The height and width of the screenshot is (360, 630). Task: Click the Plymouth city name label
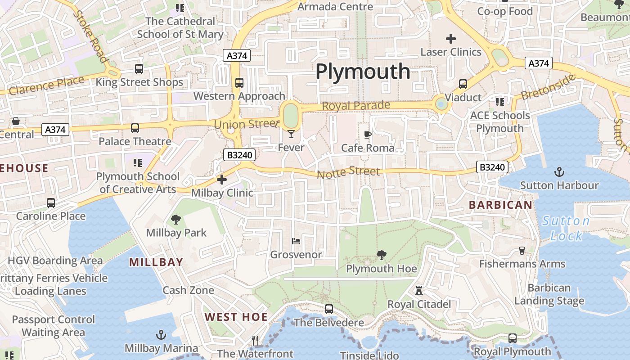pos(363,72)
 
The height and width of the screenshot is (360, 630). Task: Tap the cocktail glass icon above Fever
pos(291,134)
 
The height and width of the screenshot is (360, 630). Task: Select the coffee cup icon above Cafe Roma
pos(368,135)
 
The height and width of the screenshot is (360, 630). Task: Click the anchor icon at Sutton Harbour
pos(559,172)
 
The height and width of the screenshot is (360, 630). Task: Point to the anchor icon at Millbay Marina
pos(161,335)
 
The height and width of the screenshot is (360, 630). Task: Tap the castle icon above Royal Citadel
pos(419,290)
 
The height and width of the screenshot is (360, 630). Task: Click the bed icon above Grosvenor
pos(296,241)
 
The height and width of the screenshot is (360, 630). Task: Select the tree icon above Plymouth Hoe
pos(382,255)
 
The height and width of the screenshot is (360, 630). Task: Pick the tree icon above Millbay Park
pos(176,220)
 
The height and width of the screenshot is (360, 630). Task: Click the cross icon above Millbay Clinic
pos(222,180)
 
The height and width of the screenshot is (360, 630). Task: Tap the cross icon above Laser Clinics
pos(451,39)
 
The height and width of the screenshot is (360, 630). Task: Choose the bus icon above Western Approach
pos(239,83)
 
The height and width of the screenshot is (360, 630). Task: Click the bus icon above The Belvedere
pos(329,309)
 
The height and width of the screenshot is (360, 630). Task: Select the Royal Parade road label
pos(356,106)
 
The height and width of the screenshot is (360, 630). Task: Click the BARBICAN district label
pos(500,205)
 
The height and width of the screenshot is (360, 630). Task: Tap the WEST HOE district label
pos(236,317)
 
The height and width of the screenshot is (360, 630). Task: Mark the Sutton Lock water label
pos(565,228)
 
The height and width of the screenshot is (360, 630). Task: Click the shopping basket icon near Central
pos(16,121)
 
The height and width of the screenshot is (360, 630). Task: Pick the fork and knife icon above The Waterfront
pos(255,341)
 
